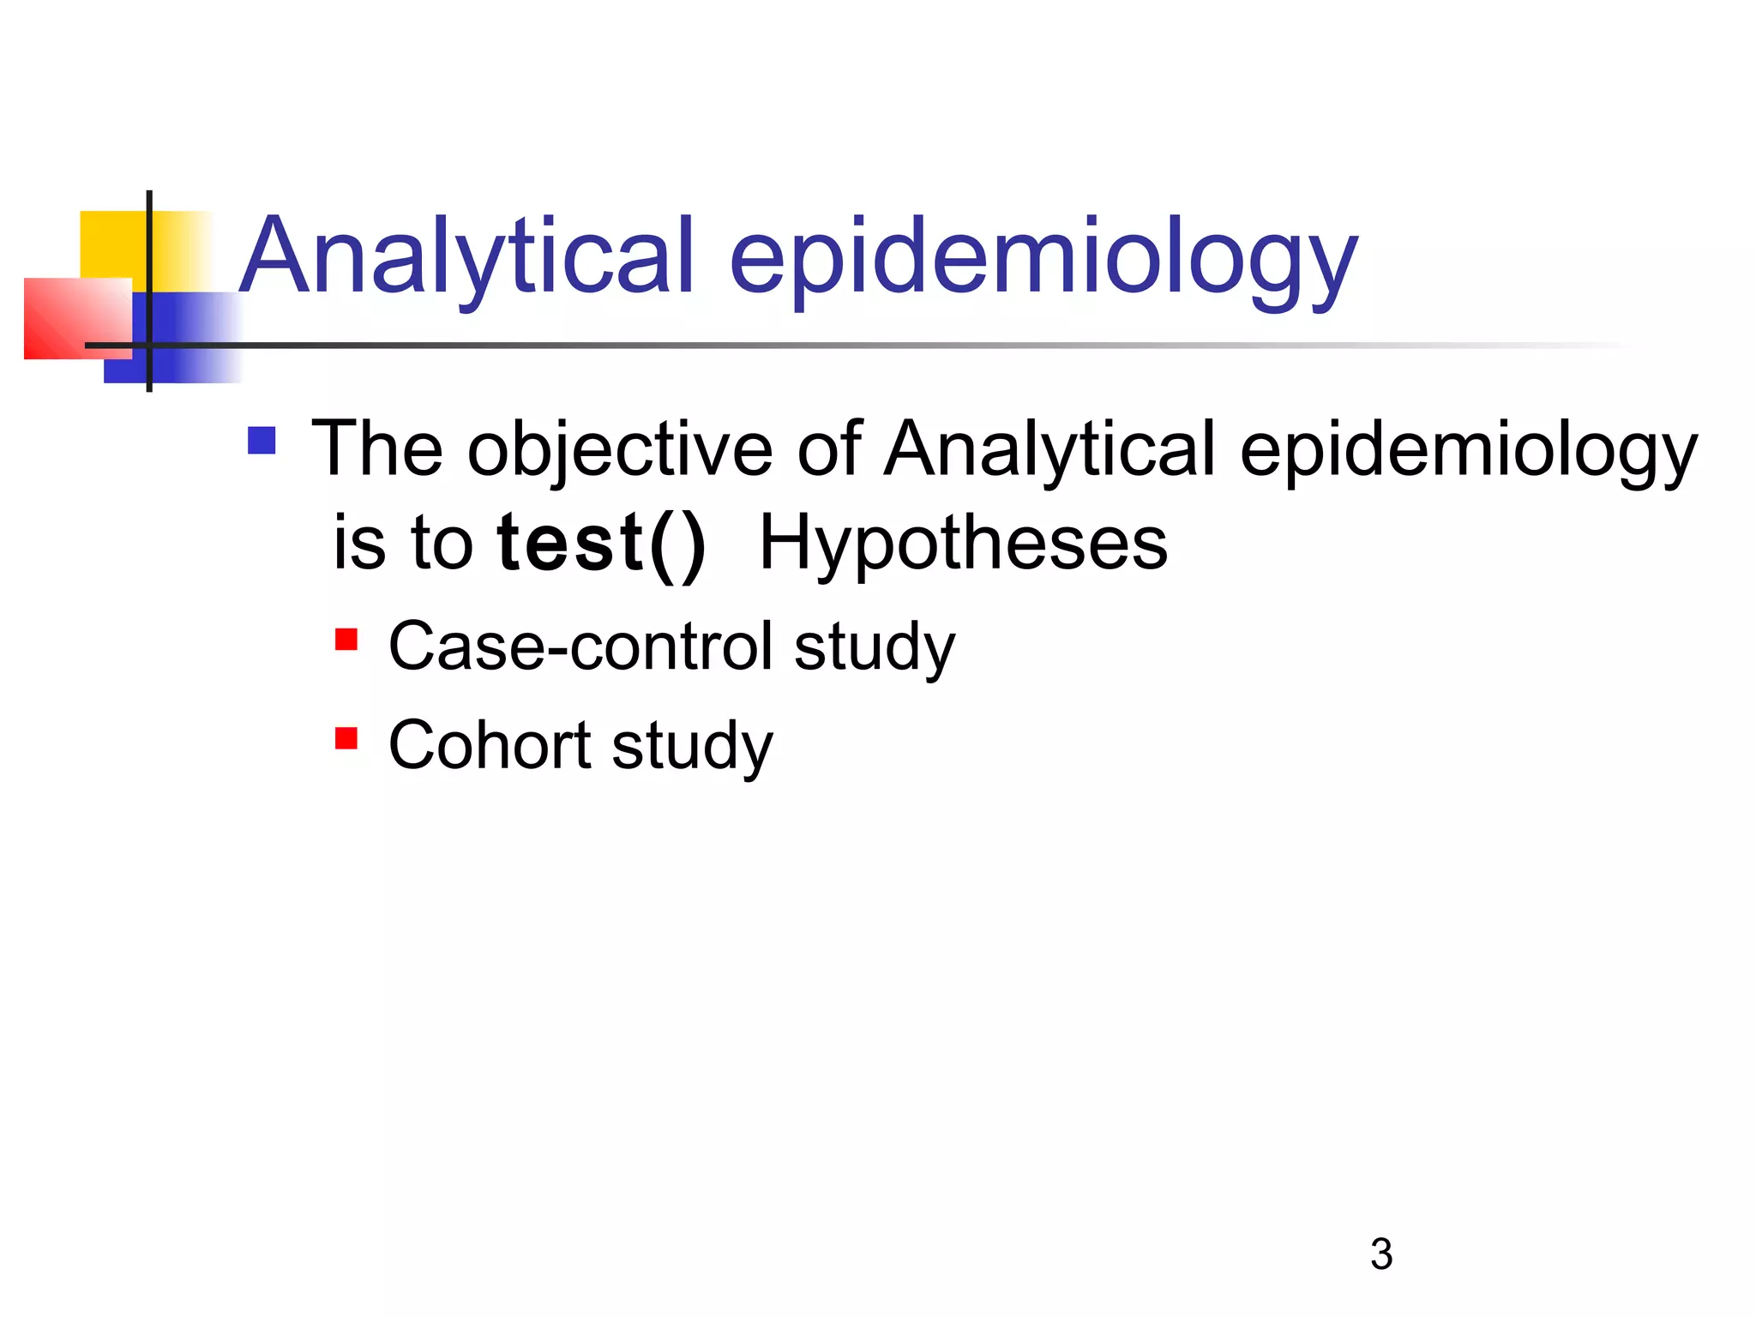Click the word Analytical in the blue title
coord(467,257)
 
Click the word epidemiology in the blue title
coord(1043,262)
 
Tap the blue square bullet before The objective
coord(262,441)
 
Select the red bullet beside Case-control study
coord(346,640)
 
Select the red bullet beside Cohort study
coord(346,738)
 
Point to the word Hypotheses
coord(963,544)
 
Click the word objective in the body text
coord(619,451)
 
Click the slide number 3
coord(1380,1254)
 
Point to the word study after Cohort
coord(693,746)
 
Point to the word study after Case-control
coord(874,647)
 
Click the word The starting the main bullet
coord(377,449)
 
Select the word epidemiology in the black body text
coord(1468,451)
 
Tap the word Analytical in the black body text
coord(1049,451)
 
